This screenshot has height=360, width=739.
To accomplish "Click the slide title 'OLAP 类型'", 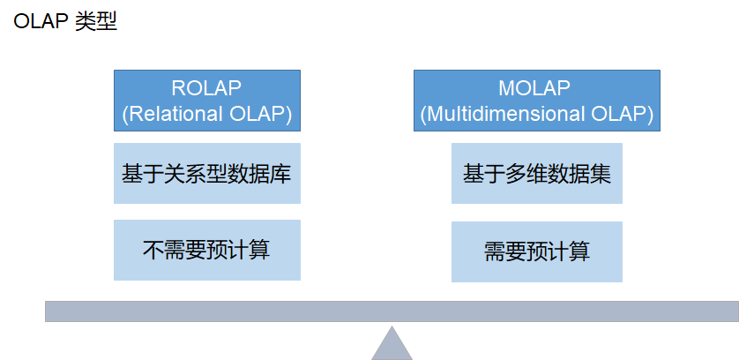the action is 65,21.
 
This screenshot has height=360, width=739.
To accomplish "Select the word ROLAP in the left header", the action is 206,88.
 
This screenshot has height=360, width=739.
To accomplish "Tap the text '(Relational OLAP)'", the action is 207,114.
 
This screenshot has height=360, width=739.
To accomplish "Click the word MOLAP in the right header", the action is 534,88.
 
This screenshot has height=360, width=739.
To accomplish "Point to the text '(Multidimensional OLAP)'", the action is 537,114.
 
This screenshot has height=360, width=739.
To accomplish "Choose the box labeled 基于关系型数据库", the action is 207,174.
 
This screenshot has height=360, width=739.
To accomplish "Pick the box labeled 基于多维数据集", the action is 537,174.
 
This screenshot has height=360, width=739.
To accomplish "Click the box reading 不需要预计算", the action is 207,250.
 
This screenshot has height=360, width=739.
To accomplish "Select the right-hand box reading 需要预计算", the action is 537,252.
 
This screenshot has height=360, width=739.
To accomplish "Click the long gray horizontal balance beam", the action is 392,311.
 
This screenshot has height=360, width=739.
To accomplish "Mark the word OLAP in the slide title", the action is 41,22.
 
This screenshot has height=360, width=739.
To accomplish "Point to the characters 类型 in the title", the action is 96,21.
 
